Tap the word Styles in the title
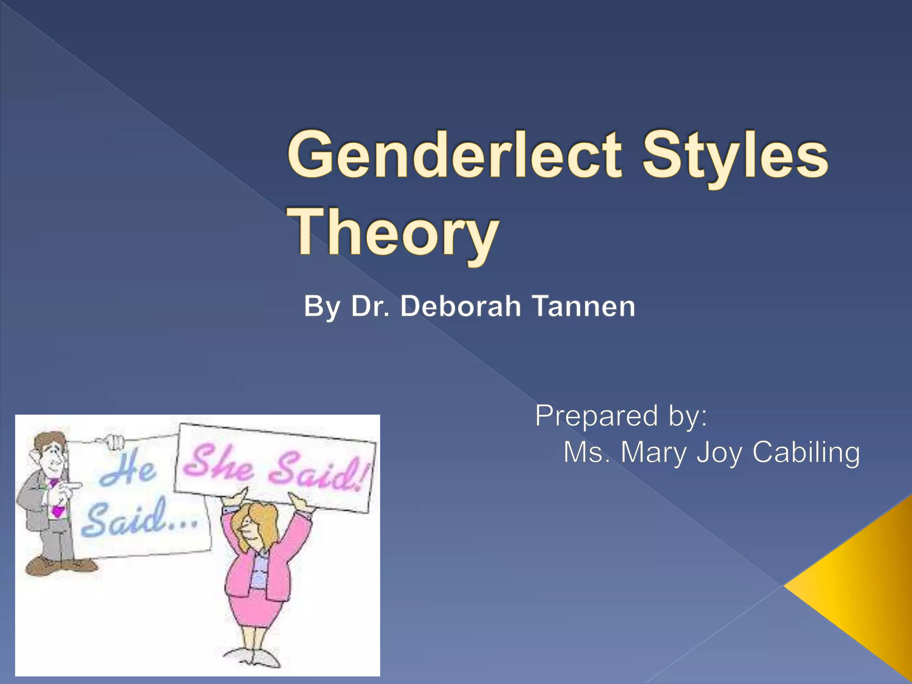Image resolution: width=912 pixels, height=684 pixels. click(x=735, y=158)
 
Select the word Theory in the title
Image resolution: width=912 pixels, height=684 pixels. click(x=394, y=234)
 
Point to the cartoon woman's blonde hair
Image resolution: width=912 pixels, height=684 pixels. click(x=258, y=521)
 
